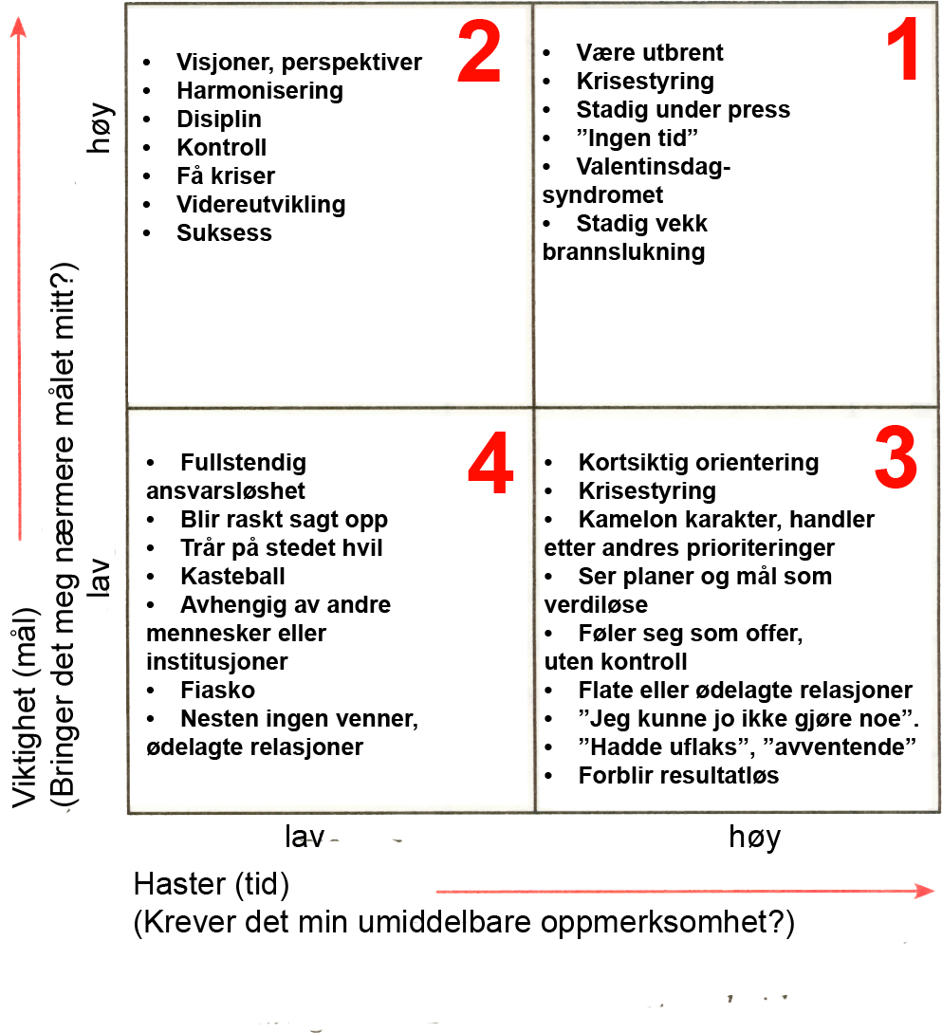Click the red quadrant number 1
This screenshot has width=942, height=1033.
click(902, 54)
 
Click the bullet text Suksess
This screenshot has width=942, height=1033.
click(224, 233)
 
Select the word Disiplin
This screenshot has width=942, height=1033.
click(219, 120)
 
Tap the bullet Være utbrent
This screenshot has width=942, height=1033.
click(650, 53)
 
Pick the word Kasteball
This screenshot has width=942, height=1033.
click(232, 577)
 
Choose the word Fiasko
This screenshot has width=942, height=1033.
click(217, 691)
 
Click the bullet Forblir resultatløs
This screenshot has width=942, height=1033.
click(678, 776)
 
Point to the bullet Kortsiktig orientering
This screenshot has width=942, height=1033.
click(698, 463)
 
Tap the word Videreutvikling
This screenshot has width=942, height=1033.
click(261, 205)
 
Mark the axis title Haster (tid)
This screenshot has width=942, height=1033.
click(212, 884)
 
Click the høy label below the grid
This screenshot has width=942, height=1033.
click(755, 837)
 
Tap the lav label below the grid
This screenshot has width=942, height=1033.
click(305, 837)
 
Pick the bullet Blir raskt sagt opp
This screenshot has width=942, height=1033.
click(284, 520)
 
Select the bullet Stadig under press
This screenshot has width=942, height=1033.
click(683, 110)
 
